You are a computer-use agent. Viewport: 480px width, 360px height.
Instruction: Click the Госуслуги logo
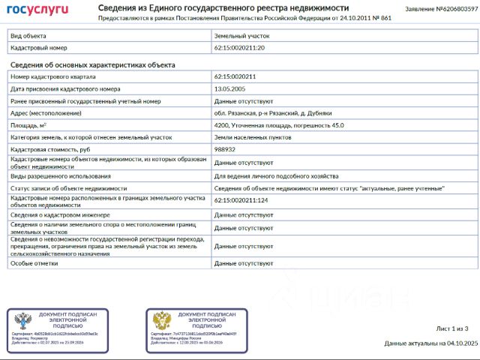(x=37, y=10)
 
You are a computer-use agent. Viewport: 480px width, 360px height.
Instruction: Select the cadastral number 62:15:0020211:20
(x=239, y=47)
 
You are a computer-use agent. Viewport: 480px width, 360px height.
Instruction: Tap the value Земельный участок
(x=241, y=35)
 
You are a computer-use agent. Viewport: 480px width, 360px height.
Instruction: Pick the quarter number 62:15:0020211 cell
(x=235, y=76)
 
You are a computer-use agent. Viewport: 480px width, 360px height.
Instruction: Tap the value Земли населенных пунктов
(x=249, y=137)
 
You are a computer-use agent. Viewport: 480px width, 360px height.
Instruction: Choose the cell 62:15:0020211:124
(x=241, y=200)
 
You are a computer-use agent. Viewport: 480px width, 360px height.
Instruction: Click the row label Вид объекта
(x=28, y=35)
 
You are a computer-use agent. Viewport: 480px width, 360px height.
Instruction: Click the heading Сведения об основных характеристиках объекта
(x=92, y=64)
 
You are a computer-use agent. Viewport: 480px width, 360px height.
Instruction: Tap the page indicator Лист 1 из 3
(x=451, y=328)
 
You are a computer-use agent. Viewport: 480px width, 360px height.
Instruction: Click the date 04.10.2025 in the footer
(x=461, y=343)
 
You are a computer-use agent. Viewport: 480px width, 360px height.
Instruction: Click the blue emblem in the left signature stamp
(x=22, y=321)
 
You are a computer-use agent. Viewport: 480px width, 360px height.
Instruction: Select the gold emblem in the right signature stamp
(x=162, y=321)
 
